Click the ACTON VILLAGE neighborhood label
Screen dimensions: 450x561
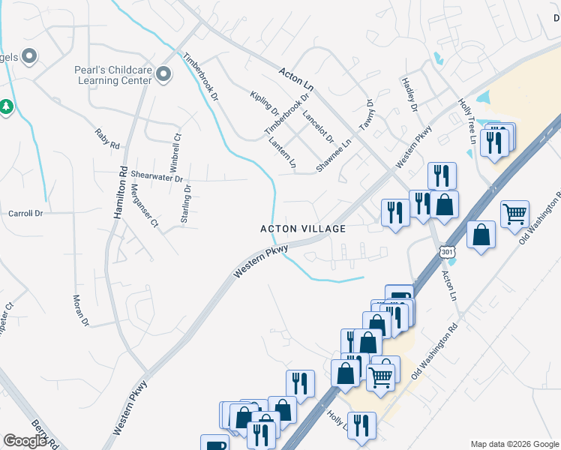(302, 229)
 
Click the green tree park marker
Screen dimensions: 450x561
(7, 107)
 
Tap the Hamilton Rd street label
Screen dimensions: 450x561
(121, 193)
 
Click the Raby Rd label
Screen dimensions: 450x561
(107, 139)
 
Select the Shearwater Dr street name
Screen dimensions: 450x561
(157, 177)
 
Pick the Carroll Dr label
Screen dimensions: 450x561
(25, 214)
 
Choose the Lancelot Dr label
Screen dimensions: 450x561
(318, 125)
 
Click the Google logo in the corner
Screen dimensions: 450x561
(25, 441)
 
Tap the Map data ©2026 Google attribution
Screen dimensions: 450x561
(514, 444)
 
